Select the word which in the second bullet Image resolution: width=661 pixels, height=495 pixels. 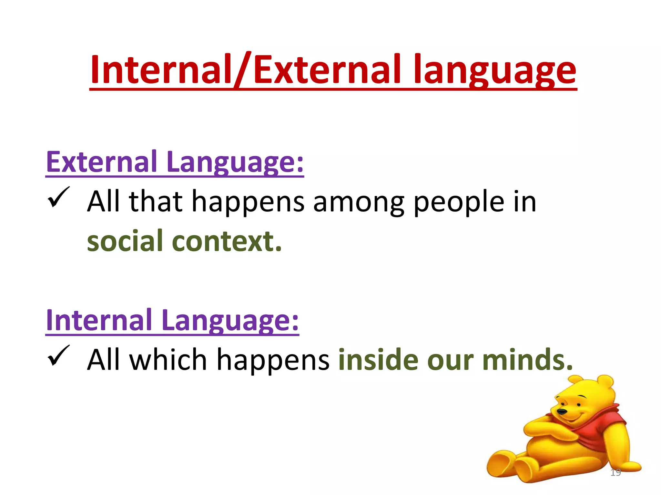168,360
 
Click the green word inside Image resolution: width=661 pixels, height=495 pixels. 378,360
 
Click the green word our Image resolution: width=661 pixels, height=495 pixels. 450,360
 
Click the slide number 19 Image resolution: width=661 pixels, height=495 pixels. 615,472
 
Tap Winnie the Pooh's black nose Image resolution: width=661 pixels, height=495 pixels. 562,412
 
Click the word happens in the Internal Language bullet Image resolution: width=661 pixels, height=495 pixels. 273,360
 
